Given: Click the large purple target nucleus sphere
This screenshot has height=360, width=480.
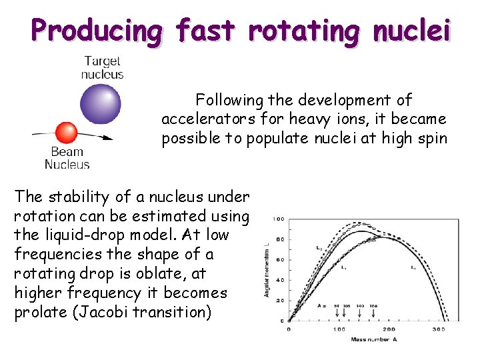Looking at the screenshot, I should point(101,103).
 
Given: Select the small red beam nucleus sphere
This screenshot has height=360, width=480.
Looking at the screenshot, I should point(66,132).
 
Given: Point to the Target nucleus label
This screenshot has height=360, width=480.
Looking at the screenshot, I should point(102,67).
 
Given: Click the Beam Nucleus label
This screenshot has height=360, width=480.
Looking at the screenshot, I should point(67,158).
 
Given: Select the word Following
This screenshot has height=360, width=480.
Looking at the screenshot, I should point(229,101).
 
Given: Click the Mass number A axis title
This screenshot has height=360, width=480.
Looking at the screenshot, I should point(373,339).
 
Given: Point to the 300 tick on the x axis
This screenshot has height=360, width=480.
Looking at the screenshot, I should point(439,329).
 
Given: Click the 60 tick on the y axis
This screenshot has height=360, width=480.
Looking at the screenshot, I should point(280,260).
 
